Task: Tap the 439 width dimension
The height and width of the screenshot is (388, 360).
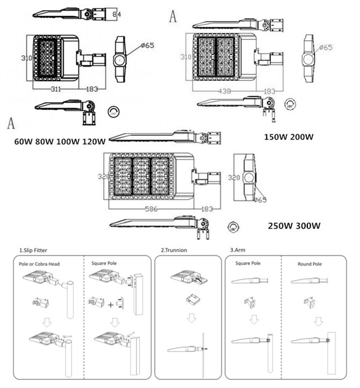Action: (x=225, y=91)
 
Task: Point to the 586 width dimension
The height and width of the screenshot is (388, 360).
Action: (x=152, y=209)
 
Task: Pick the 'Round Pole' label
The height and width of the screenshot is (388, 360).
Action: (x=309, y=264)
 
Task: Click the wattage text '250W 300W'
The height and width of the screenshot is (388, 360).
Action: (x=294, y=225)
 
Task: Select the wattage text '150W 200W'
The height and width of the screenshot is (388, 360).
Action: (x=288, y=137)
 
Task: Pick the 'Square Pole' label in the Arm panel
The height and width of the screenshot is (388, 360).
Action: (x=248, y=264)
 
